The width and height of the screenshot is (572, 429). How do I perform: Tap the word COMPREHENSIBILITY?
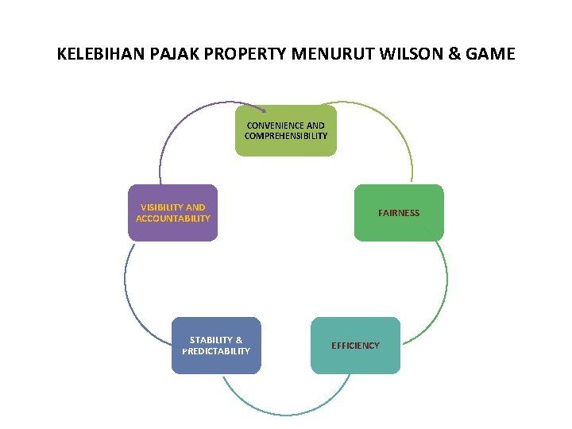pyautogui.click(x=286, y=136)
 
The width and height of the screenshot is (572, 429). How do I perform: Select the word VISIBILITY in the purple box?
pyautogui.click(x=160, y=207)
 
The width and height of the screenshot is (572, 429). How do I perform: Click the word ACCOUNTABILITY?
pyautogui.click(x=173, y=218)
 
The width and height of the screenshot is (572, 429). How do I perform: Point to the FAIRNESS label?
pyautogui.click(x=399, y=213)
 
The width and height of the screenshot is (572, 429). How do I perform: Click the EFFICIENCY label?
pyautogui.click(x=355, y=346)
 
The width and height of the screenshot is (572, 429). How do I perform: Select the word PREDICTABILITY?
pyautogui.click(x=216, y=351)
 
